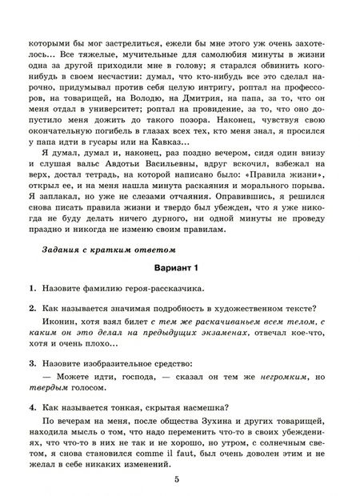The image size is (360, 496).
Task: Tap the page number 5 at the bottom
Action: (x=181, y=478)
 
